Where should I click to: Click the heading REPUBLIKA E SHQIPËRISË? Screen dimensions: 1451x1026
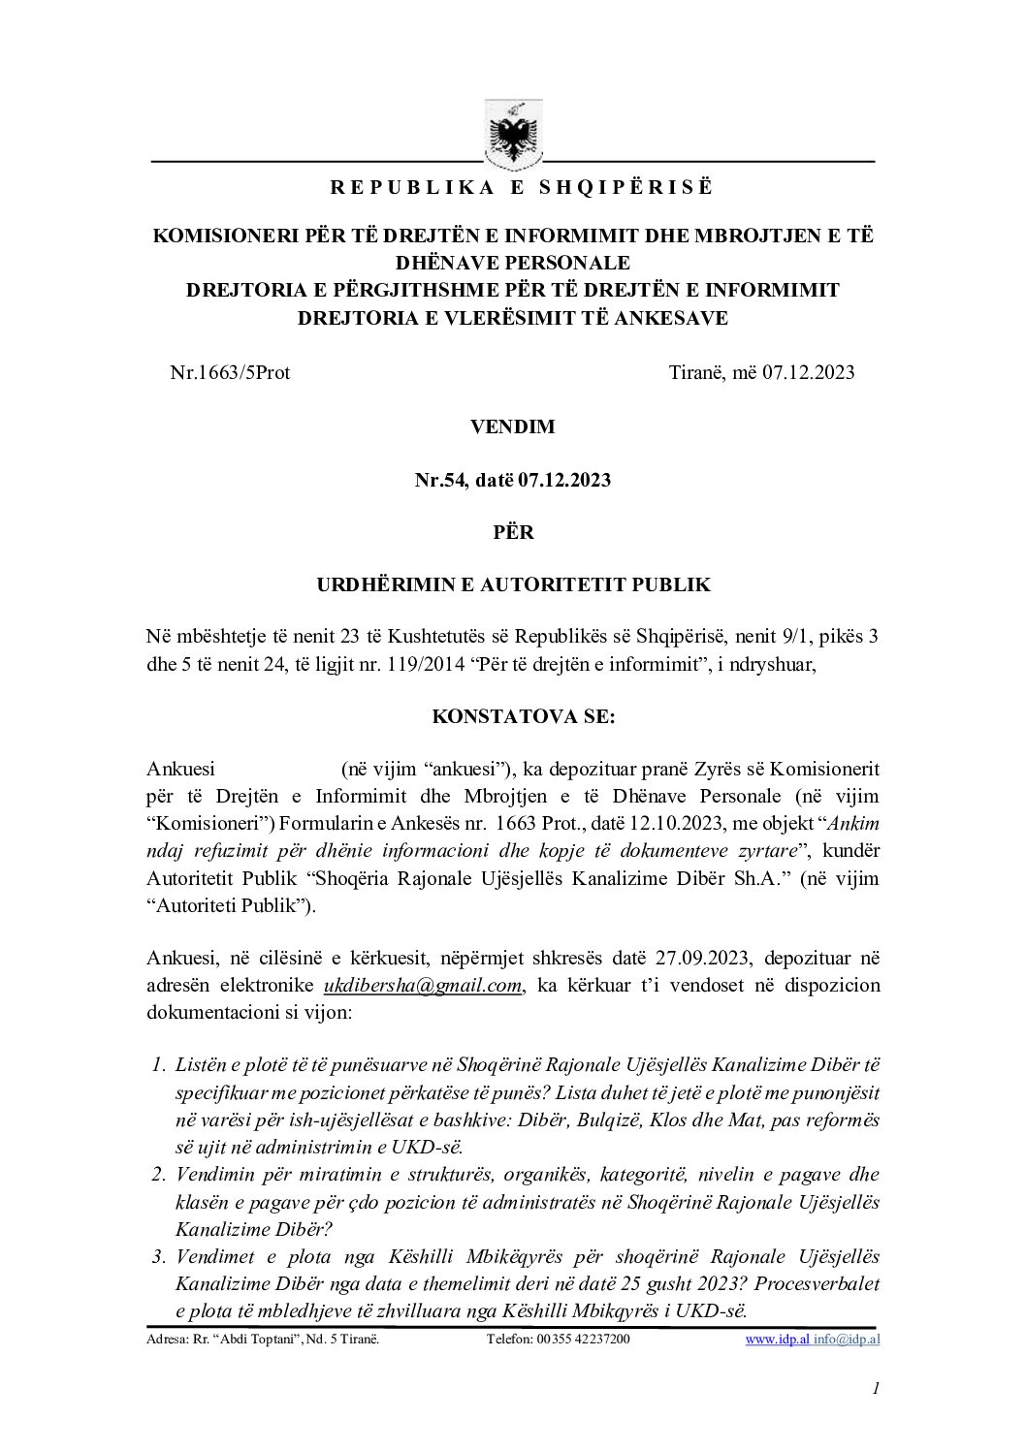[x=522, y=188]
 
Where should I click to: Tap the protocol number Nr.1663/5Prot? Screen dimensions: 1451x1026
[x=230, y=372]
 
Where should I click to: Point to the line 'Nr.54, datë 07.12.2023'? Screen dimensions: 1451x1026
[x=513, y=480]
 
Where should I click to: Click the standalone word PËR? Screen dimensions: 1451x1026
[x=513, y=532]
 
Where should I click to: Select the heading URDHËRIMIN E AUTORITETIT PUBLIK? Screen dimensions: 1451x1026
[x=514, y=584]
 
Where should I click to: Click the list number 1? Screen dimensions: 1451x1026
[x=159, y=1065]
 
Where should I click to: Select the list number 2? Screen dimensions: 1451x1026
[x=159, y=1176]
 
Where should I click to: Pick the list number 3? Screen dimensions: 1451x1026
[x=159, y=1257]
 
